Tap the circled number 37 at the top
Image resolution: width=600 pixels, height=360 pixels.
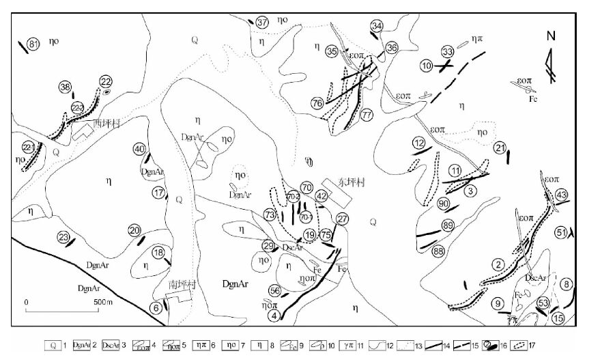pyautogui.click(x=263, y=23)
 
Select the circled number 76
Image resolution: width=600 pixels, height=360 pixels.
pyautogui.click(x=317, y=103)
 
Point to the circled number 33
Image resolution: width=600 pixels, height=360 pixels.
pyautogui.click(x=448, y=52)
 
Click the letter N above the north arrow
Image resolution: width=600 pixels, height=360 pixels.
pyautogui.click(x=551, y=37)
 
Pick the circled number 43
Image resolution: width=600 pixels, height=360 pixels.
pyautogui.click(x=561, y=195)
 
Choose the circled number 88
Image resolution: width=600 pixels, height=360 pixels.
pyautogui.click(x=438, y=251)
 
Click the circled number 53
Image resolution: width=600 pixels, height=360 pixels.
pyautogui.click(x=544, y=303)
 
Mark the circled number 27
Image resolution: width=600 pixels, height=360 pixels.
pyautogui.click(x=342, y=219)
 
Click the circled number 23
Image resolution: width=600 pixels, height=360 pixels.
pyautogui.click(x=63, y=237)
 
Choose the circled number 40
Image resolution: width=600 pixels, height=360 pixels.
pyautogui.click(x=139, y=149)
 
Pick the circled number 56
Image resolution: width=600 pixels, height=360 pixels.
pyautogui.click(x=275, y=290)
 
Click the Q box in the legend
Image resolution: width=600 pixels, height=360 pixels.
pyautogui.click(x=53, y=346)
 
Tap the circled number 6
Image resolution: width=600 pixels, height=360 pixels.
pyautogui.click(x=156, y=308)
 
